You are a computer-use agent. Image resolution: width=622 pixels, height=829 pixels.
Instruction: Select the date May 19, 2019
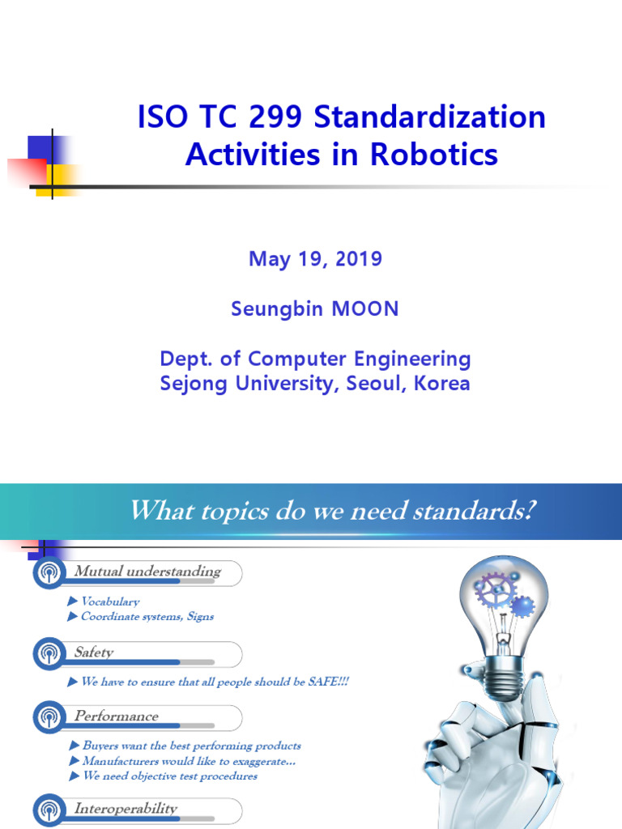click(x=315, y=259)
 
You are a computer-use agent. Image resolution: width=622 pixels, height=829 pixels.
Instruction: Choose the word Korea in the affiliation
click(x=442, y=383)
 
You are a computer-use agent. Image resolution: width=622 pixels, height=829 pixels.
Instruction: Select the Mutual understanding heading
click(x=147, y=572)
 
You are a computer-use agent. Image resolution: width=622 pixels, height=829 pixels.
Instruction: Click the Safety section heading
click(x=94, y=653)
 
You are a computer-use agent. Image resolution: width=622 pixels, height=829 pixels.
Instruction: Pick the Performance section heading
click(x=116, y=716)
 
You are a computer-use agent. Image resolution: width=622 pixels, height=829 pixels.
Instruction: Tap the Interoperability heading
click(x=126, y=809)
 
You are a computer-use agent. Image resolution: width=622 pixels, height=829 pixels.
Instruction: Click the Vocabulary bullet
click(x=110, y=602)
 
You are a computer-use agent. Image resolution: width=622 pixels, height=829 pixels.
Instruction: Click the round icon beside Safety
click(x=49, y=653)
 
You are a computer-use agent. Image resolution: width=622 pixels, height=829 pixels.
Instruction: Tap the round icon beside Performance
click(x=49, y=717)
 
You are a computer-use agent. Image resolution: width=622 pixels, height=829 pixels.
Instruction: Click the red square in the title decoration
click(x=28, y=172)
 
